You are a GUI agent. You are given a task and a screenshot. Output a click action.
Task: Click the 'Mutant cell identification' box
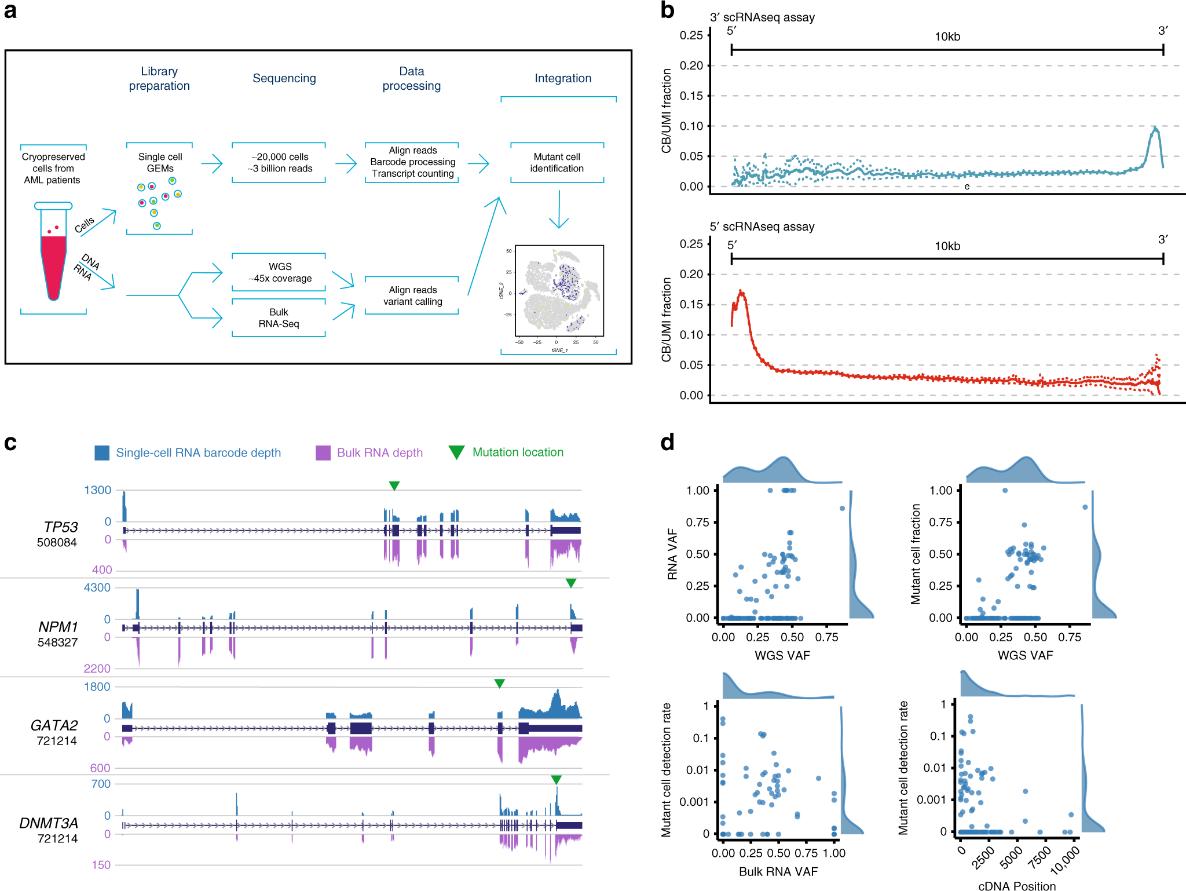[x=557, y=163]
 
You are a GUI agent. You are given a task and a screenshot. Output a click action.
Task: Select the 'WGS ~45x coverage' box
[x=280, y=272]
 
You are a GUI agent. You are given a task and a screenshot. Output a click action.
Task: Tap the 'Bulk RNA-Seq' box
[x=279, y=318]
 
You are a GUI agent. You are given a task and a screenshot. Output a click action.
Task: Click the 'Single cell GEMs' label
[x=160, y=163]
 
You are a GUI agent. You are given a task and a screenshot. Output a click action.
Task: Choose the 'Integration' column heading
[x=563, y=78]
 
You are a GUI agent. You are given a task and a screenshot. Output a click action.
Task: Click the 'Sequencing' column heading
[x=284, y=78]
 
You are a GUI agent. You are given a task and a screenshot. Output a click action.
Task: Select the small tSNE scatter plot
[x=559, y=291]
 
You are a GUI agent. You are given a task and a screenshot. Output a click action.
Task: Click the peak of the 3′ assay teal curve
[x=1155, y=128]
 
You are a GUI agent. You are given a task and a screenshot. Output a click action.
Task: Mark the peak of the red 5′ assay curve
[x=741, y=291]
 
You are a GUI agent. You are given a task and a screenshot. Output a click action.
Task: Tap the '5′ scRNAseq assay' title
[x=762, y=227]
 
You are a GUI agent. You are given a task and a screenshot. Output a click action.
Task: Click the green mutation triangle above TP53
[x=394, y=485]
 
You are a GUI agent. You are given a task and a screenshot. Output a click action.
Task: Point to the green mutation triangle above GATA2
[x=499, y=684]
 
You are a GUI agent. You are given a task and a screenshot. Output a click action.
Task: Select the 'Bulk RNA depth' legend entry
[x=369, y=452]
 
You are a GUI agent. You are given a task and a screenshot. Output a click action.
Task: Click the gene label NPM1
[x=58, y=627]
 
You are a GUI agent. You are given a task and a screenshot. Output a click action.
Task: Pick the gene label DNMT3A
[x=49, y=823]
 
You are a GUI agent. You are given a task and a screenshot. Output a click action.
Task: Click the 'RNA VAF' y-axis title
[x=672, y=554]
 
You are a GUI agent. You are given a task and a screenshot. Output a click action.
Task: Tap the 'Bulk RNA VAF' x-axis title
[x=778, y=871]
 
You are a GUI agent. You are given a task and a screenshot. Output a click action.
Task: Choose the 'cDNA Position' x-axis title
[x=1016, y=885]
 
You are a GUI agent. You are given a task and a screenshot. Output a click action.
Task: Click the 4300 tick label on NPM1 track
[x=97, y=587]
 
